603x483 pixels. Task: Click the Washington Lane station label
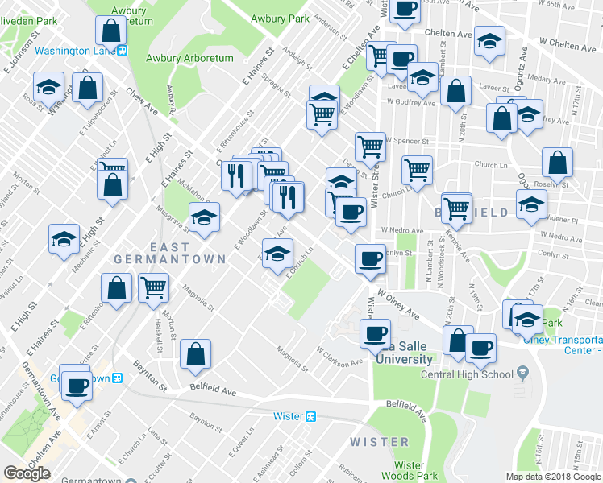[76, 50]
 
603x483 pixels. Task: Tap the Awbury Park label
[280, 18]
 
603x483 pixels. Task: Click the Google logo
[27, 473]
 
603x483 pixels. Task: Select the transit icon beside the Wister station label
[310, 416]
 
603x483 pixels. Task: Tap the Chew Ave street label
[139, 100]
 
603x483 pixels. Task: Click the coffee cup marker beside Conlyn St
[370, 258]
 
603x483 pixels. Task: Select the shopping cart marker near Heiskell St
[152, 287]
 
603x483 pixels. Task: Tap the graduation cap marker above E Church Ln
[278, 252]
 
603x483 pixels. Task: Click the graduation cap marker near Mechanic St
[64, 238]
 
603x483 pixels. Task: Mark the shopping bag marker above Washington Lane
[110, 31]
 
